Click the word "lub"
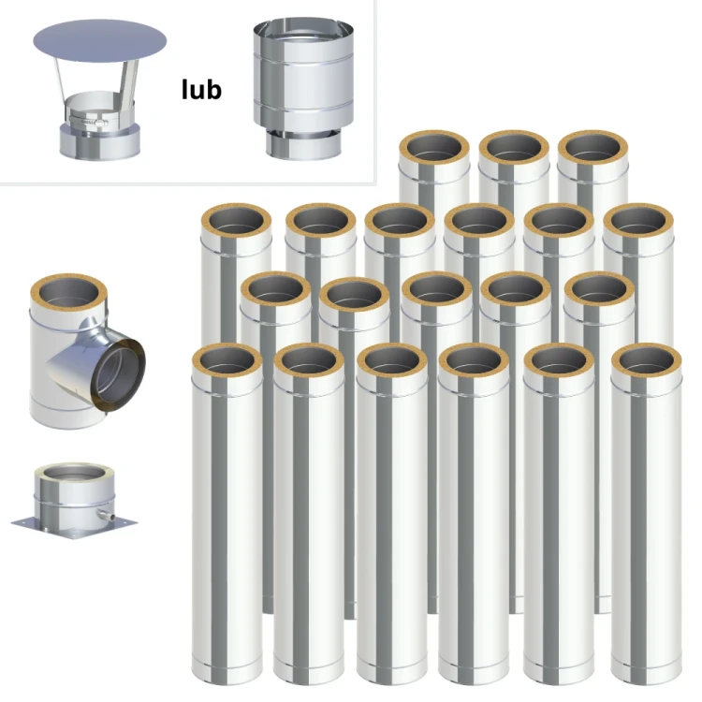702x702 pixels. [x=201, y=90]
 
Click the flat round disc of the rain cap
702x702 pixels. [x=100, y=41]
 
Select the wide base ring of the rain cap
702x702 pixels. [x=100, y=141]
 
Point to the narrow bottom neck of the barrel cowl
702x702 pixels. [x=303, y=145]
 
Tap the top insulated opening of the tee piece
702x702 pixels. [x=68, y=295]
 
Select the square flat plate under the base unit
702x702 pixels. [x=74, y=526]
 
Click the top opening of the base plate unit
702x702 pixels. [x=74, y=475]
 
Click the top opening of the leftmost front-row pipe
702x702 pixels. [x=227, y=359]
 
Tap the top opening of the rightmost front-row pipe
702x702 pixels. [x=647, y=359]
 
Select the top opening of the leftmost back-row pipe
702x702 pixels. [x=434, y=147]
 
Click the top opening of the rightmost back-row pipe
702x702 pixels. [x=592, y=147]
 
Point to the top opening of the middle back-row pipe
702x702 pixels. [x=514, y=147]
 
